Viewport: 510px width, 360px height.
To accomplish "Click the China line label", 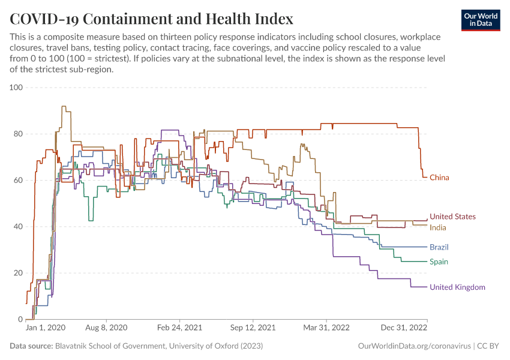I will click(x=439, y=178).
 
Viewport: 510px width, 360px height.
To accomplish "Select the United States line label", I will click(x=452, y=217).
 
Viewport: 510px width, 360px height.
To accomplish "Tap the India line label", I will click(x=437, y=227).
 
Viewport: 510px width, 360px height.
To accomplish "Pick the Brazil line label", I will click(x=439, y=247).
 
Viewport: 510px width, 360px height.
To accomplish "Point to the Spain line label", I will click(x=439, y=262).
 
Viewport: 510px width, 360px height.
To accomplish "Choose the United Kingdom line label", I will click(x=457, y=287).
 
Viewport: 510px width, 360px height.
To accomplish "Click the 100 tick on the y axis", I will click(x=16, y=88).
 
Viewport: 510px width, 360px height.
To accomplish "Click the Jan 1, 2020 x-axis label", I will click(x=46, y=328).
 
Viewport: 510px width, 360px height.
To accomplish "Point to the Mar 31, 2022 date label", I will click(x=326, y=328).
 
